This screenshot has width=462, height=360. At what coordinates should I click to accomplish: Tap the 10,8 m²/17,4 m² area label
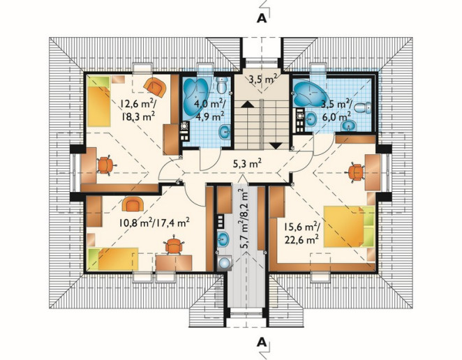(x=154, y=222)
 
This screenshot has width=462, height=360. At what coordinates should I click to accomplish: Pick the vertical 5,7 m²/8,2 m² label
(x=244, y=219)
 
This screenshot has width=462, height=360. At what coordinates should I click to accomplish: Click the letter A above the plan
(x=262, y=18)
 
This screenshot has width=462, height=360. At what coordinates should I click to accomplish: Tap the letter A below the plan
(x=262, y=343)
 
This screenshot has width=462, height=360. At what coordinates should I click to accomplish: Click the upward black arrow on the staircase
(x=247, y=104)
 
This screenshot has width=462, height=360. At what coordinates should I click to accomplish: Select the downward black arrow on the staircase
(x=276, y=146)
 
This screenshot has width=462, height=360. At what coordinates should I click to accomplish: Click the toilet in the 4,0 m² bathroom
(x=221, y=84)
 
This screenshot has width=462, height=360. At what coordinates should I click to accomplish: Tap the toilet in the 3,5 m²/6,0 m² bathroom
(x=363, y=107)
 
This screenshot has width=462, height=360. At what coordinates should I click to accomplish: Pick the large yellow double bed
(x=349, y=226)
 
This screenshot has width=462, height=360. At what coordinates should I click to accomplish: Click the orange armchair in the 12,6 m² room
(x=155, y=87)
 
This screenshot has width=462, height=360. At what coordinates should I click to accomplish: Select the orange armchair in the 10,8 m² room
(x=133, y=204)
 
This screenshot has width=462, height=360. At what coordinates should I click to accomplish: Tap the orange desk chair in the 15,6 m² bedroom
(x=356, y=172)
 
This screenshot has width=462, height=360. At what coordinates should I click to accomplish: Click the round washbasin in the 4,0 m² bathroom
(x=225, y=132)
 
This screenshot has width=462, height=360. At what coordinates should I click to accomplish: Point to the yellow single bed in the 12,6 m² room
(x=98, y=101)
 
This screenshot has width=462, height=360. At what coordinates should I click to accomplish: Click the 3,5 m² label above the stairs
(x=262, y=80)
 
